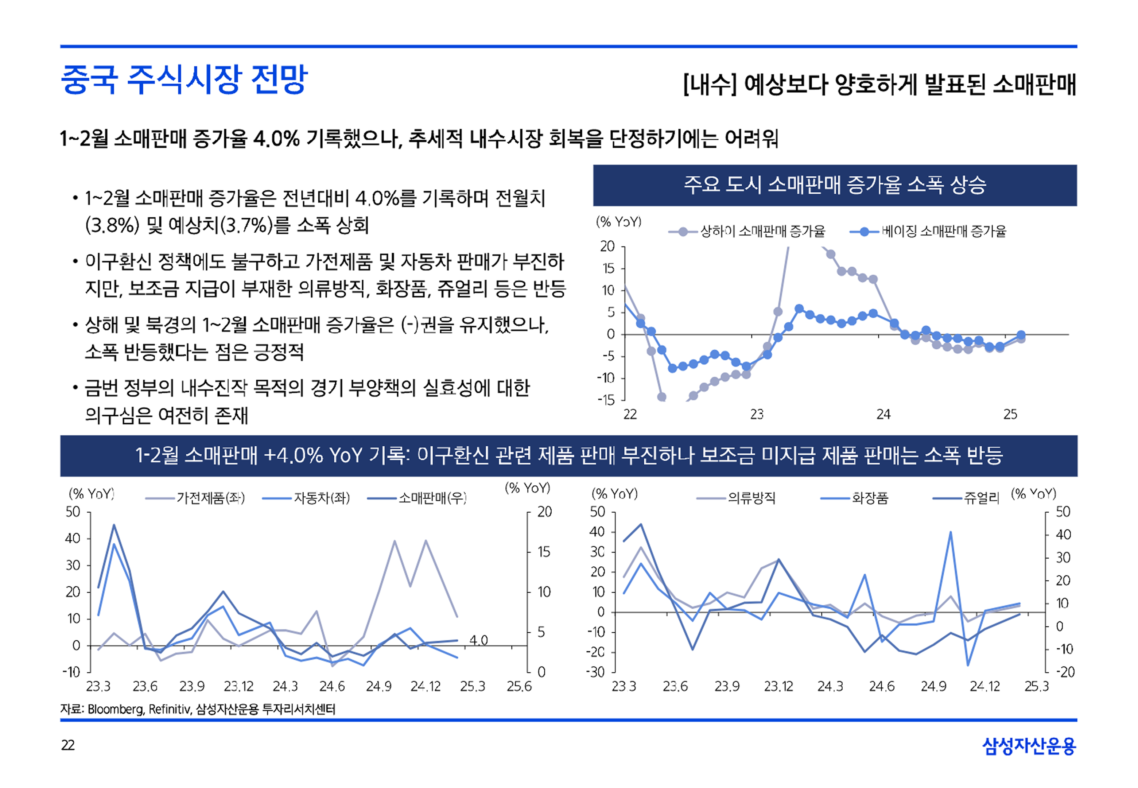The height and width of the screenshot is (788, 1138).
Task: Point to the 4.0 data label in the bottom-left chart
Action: point(478,640)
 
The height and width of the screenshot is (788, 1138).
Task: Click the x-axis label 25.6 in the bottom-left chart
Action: point(519,686)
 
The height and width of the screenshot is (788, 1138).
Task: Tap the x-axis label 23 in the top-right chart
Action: point(756,414)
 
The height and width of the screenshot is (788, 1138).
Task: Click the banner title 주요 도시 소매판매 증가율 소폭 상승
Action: point(834,185)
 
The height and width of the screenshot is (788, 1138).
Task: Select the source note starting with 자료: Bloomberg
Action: point(198,710)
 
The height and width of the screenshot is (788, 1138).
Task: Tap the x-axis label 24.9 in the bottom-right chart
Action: point(933,686)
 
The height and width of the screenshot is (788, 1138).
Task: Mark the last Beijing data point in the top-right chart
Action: point(1021,335)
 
